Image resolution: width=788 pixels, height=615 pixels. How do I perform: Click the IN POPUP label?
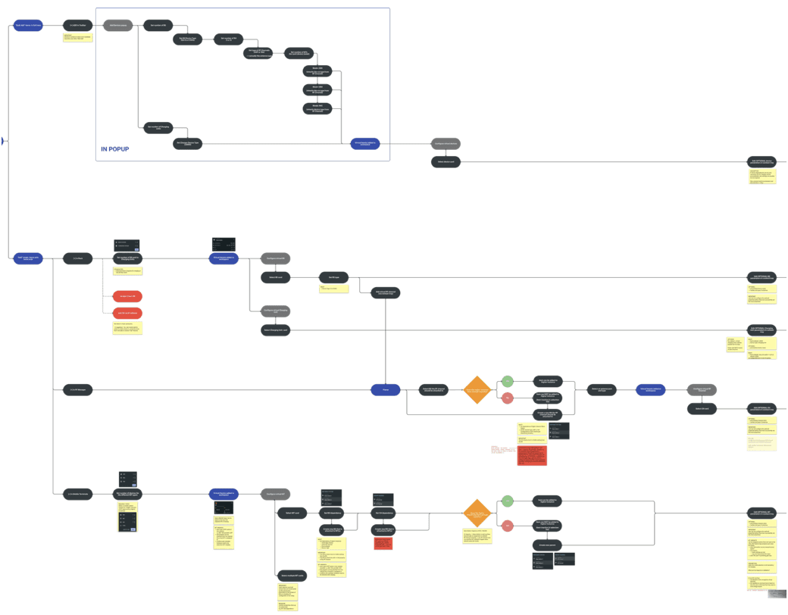[114, 149]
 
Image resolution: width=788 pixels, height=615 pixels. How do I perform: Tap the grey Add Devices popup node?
[117, 26]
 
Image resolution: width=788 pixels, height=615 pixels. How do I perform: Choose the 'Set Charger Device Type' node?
[189, 142]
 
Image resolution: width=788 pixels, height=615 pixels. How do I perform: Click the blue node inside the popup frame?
[365, 143]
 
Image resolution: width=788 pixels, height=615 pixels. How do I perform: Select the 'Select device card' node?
[445, 161]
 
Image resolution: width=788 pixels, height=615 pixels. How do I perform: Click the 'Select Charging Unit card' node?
[276, 330]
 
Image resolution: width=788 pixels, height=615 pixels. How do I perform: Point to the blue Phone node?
[385, 390]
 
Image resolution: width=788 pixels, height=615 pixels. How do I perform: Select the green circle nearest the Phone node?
[508, 380]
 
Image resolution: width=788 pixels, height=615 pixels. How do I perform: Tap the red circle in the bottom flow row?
[508, 525]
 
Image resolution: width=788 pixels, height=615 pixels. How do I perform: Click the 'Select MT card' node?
[292, 514]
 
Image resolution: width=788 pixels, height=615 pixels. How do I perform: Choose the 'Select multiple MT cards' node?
[292, 576]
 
